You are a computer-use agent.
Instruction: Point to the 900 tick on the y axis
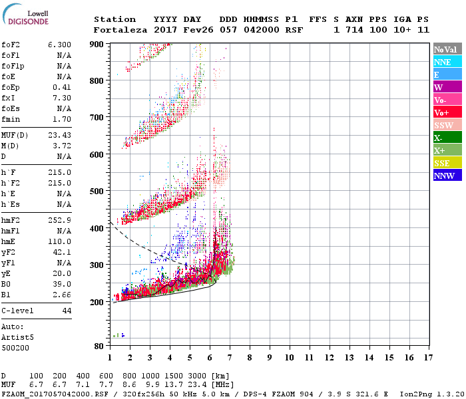click(97, 44)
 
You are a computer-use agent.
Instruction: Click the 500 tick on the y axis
click(97, 192)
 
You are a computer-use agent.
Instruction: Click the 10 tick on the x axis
click(290, 357)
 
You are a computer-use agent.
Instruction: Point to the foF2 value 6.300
click(59, 45)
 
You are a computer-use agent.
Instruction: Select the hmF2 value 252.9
click(59, 220)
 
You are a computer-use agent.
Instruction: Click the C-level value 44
click(66, 311)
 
